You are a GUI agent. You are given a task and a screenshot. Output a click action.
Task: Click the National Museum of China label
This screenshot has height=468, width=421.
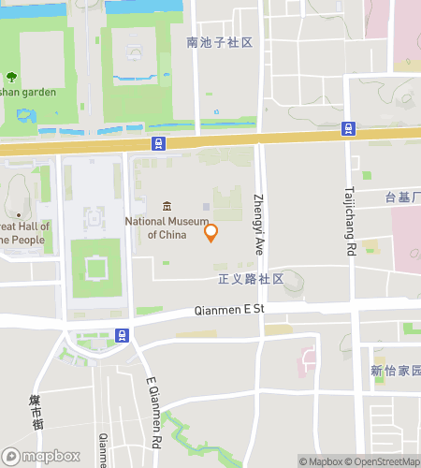(167, 227)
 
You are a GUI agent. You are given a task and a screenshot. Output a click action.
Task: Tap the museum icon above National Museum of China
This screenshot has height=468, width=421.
(167, 207)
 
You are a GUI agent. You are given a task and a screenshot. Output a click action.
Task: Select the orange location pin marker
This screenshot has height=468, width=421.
(211, 232)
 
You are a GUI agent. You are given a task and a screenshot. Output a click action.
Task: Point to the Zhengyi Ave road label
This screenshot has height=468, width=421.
(259, 225)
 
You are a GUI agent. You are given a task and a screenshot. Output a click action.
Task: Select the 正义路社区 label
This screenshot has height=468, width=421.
(250, 279)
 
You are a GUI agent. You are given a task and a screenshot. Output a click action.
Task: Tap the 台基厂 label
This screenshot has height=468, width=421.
(402, 197)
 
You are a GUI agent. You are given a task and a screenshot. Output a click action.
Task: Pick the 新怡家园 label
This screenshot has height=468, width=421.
(395, 371)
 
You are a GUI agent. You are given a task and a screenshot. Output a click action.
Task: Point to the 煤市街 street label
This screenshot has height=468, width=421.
(36, 413)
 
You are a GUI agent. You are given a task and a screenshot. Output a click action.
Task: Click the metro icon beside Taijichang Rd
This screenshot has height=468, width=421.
(348, 128)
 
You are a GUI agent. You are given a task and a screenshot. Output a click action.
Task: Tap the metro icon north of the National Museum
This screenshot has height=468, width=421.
(159, 143)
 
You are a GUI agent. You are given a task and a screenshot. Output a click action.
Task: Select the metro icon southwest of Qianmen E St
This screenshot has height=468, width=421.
(122, 334)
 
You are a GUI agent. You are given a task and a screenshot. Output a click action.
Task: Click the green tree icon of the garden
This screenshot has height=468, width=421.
(11, 77)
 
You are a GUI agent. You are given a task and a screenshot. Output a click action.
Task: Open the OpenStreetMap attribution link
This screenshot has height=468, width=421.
(383, 461)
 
